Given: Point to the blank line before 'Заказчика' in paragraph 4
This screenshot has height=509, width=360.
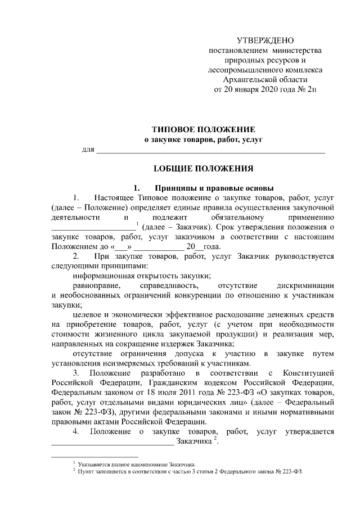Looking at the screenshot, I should coord(112,443).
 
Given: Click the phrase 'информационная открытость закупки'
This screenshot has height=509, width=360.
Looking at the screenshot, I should coord(142,276).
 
